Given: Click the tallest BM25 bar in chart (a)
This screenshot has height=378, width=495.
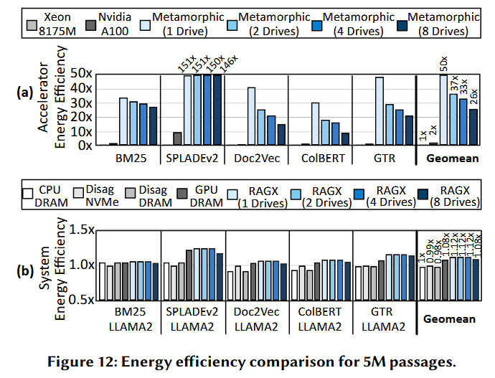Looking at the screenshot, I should [x=123, y=121].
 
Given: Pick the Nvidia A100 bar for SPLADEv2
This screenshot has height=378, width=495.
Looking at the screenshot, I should [x=177, y=138].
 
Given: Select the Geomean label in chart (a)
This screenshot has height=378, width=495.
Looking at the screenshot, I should [x=449, y=156].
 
